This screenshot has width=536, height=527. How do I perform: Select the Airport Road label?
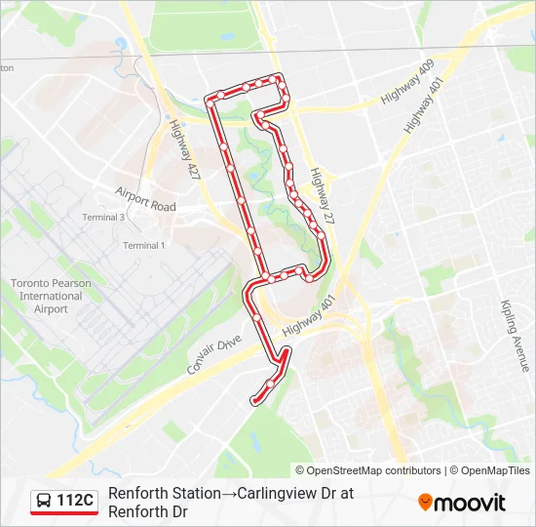(x=145, y=199)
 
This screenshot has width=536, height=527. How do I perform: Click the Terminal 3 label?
(x=103, y=217)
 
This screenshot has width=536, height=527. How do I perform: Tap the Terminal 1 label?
(x=144, y=245)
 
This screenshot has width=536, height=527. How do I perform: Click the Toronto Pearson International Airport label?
(x=51, y=295)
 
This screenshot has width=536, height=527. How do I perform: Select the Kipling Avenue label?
(x=515, y=336)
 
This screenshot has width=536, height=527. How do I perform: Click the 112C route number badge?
(x=74, y=502)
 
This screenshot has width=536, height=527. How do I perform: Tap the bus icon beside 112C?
(x=45, y=502)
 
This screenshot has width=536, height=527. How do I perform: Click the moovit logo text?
(x=470, y=504)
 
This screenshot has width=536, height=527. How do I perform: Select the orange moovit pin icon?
(x=425, y=503)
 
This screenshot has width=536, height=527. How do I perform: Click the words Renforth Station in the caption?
(x=164, y=494)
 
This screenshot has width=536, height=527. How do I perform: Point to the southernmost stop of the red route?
(x=255, y=400)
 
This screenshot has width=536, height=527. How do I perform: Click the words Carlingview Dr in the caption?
(x=287, y=494)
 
